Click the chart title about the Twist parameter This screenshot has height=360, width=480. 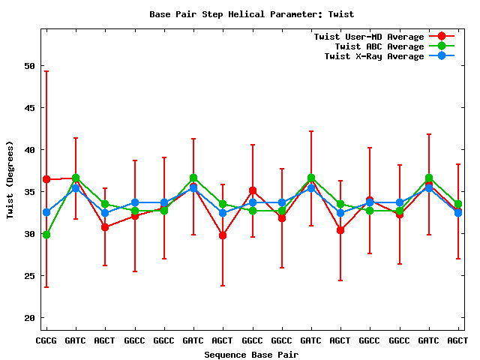[x=251, y=14]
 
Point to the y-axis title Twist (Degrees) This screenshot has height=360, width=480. [x=10, y=180]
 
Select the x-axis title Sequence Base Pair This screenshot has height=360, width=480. [x=251, y=354]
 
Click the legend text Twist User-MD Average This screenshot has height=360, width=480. [x=369, y=37]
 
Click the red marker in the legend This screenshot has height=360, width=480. [x=442, y=37]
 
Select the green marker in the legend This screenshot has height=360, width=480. [x=442, y=46]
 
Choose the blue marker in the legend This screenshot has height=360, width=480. [x=442, y=56]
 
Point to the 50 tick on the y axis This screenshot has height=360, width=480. [x=30, y=66]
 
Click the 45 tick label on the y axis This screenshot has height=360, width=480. [x=30, y=108]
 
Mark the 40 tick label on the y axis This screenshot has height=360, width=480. [x=30, y=150]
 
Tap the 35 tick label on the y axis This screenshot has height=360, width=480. [x=30, y=192]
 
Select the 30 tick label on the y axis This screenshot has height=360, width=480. [x=30, y=234]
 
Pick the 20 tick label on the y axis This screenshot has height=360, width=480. [x=30, y=318]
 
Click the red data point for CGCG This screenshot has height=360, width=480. [x=46, y=179]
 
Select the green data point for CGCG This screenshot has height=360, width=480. [x=46, y=235]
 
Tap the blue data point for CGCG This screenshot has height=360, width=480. [x=46, y=212]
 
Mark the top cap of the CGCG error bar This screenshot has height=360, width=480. [x=46, y=71]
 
